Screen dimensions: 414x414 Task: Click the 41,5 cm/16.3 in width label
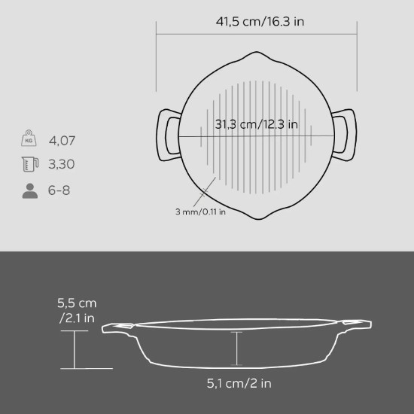click(256, 21)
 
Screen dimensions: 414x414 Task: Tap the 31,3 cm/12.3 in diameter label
click(256, 124)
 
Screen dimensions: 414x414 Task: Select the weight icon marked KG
click(29, 139)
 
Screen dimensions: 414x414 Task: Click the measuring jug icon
click(29, 164)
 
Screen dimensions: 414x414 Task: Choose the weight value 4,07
click(62, 140)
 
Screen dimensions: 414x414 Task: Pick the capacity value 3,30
click(62, 164)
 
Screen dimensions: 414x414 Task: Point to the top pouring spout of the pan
click(256, 57)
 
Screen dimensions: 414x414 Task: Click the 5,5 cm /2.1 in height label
click(77, 309)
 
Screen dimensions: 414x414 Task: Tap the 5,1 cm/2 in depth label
click(239, 384)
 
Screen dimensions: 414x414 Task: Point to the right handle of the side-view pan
click(358, 324)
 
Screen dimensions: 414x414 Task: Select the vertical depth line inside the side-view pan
click(238, 348)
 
